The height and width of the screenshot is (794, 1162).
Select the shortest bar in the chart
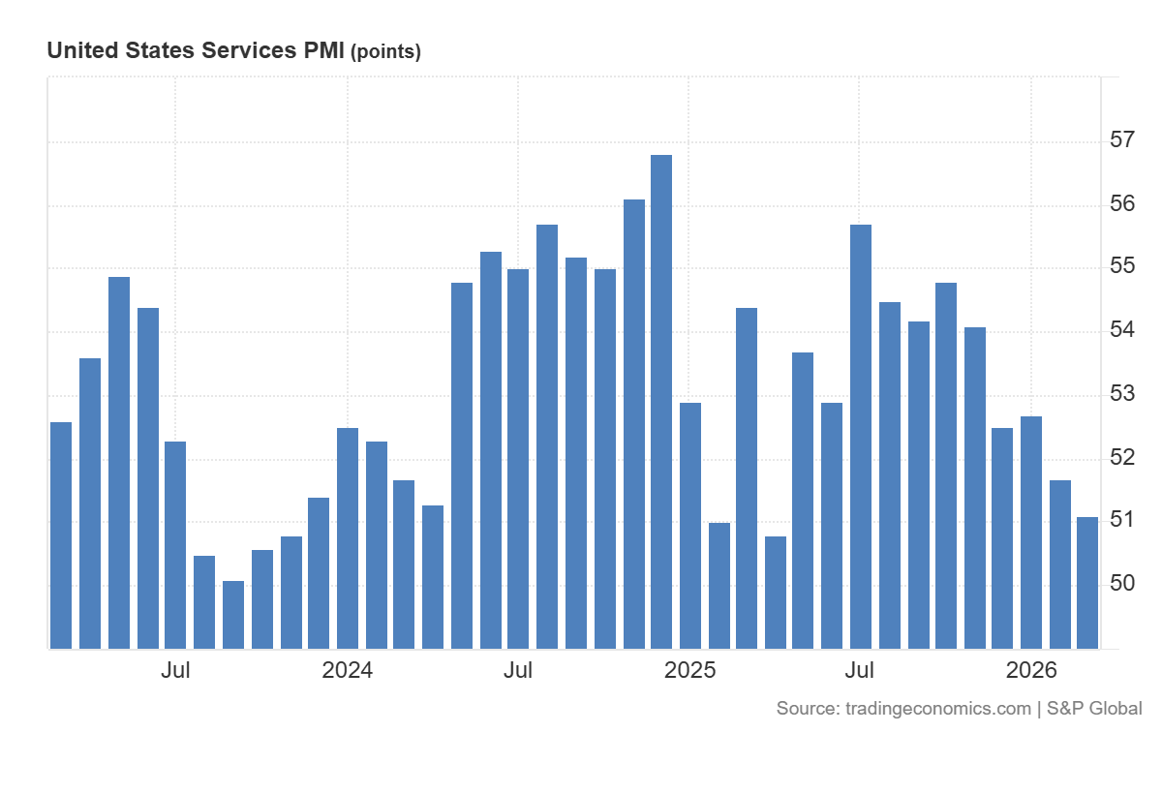[233, 615]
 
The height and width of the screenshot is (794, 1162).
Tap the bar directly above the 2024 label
[348, 537]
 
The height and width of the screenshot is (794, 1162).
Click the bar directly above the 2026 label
[1031, 533]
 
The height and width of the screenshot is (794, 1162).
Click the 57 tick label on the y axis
[1122, 140]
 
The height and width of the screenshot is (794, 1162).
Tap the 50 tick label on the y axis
[1122, 584]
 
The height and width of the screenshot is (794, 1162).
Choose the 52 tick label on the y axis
[1122, 457]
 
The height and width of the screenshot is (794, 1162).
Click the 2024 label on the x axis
[348, 670]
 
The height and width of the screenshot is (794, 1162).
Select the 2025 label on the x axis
[690, 670]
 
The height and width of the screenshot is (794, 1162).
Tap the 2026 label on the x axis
[1031, 670]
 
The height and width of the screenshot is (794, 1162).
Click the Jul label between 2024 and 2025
[519, 670]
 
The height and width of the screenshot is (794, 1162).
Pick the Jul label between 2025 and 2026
[860, 670]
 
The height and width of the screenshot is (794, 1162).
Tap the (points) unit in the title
[385, 52]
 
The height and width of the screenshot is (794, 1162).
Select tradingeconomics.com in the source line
[938, 709]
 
